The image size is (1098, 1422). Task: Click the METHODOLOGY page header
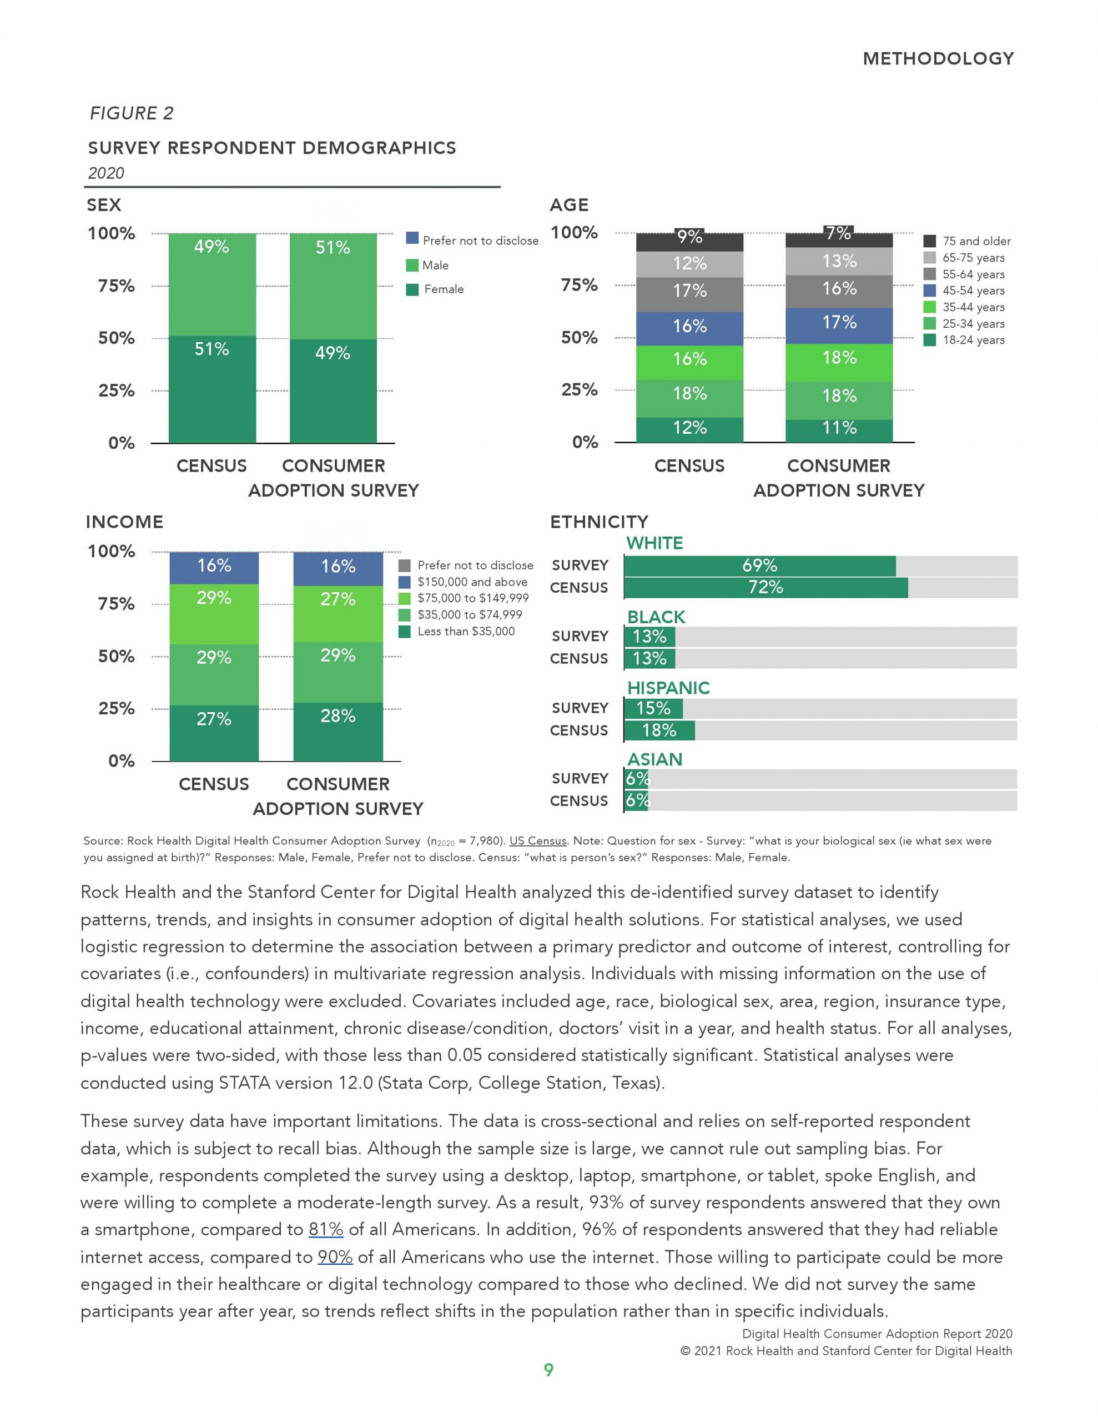click(938, 58)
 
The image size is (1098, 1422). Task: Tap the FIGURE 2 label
click(132, 113)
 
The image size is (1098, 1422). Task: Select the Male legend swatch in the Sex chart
click(412, 265)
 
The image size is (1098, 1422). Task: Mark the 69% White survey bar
click(759, 566)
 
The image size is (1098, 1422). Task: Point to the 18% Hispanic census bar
click(659, 730)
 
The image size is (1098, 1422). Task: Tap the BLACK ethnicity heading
click(656, 617)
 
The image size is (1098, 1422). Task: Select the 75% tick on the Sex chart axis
click(117, 286)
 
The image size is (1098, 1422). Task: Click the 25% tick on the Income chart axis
click(117, 708)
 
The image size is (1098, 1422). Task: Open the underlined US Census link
click(537, 840)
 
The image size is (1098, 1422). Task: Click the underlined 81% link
click(325, 1229)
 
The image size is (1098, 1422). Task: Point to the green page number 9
click(548, 1370)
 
